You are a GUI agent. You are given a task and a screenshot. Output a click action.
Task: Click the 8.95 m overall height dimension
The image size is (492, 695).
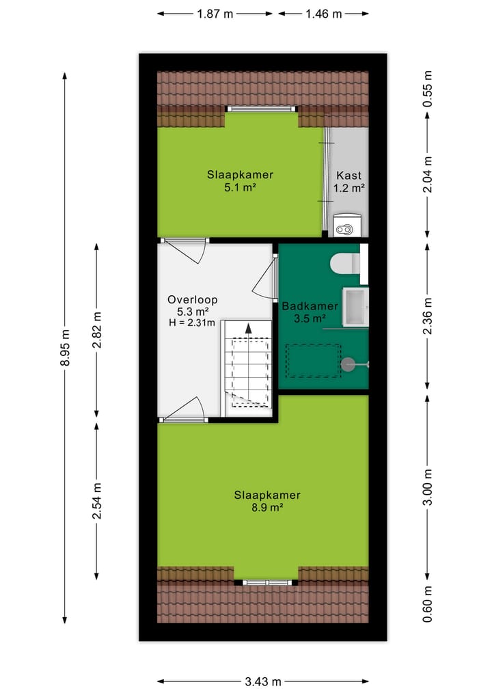pyautogui.click(x=66, y=348)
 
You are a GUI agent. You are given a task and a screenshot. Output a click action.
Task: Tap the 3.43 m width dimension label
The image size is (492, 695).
pyautogui.click(x=263, y=681)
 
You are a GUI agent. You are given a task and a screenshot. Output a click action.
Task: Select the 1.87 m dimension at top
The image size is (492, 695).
pyautogui.click(x=215, y=14)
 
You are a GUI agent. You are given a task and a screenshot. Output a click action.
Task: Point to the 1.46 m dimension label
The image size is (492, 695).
pyautogui.click(x=323, y=14)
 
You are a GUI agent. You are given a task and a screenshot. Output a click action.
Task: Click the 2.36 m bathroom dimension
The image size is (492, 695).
pyautogui.click(x=428, y=316)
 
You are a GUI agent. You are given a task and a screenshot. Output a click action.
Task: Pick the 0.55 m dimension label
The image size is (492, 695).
pyautogui.click(x=428, y=89)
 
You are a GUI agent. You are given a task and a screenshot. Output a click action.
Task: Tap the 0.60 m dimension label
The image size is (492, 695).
pyautogui.click(x=428, y=605)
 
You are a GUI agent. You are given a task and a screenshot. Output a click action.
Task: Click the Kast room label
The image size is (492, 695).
pyautogui.click(x=348, y=175)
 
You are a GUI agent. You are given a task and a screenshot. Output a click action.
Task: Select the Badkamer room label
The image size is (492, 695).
pyautogui.click(x=310, y=306)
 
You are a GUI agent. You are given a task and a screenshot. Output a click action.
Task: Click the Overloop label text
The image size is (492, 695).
pyautogui.click(x=192, y=299)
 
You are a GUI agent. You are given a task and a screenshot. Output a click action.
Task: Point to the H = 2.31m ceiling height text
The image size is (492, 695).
pyautogui.click(x=192, y=323)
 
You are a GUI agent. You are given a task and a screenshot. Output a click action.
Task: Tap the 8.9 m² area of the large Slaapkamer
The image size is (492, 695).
pyautogui.click(x=267, y=508)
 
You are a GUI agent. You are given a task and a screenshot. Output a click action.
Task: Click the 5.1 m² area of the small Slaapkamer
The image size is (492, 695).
pyautogui.click(x=240, y=187)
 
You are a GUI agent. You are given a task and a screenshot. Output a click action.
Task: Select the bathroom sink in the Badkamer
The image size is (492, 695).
pyautogui.click(x=355, y=306)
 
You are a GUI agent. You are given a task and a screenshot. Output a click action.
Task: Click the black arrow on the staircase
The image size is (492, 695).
pyautogui.click(x=249, y=329)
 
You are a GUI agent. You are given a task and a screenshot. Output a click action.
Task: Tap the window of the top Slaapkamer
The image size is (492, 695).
pyautogui.click(x=262, y=109)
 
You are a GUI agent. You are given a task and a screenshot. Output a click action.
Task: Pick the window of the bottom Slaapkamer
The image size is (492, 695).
pyautogui.click(x=267, y=582)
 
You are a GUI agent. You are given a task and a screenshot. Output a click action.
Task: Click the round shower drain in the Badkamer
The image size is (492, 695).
pyautogui.click(x=349, y=364)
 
